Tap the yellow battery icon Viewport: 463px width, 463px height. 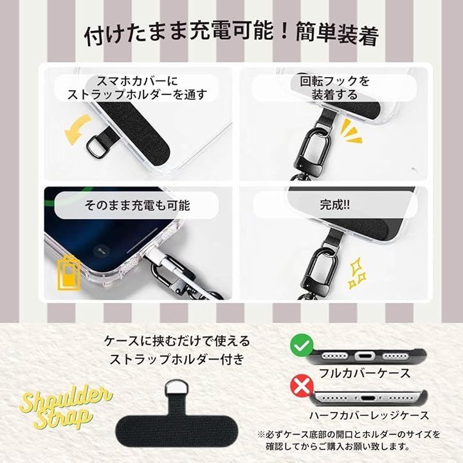tap(68, 274)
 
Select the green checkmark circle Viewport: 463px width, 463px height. tap(302, 345)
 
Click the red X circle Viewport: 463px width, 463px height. tap(302, 385)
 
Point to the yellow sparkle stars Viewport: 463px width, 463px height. tap(358, 273)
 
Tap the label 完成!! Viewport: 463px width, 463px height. tap(334, 204)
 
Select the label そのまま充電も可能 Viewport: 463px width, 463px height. tap(137, 205)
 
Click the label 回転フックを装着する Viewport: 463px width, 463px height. tap(334, 87)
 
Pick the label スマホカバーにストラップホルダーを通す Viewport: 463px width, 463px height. tap(137, 87)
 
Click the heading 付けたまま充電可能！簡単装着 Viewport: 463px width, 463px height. tap(232, 35)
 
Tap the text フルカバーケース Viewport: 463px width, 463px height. tap(365, 373)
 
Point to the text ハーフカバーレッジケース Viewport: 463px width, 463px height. tap(369, 415)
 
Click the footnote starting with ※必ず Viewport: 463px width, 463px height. tap(349, 440)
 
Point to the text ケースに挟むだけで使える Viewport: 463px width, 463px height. tap(177, 341)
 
